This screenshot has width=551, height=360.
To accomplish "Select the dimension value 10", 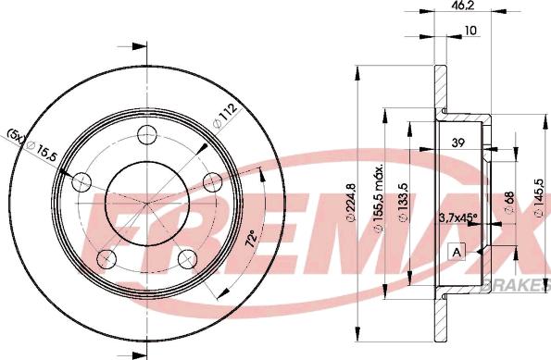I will (x=470, y=31).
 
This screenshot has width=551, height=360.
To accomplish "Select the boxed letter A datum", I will (x=457, y=251).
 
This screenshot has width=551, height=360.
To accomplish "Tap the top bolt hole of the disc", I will (x=147, y=137).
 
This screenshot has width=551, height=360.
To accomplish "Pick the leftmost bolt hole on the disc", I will (x=83, y=180).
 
